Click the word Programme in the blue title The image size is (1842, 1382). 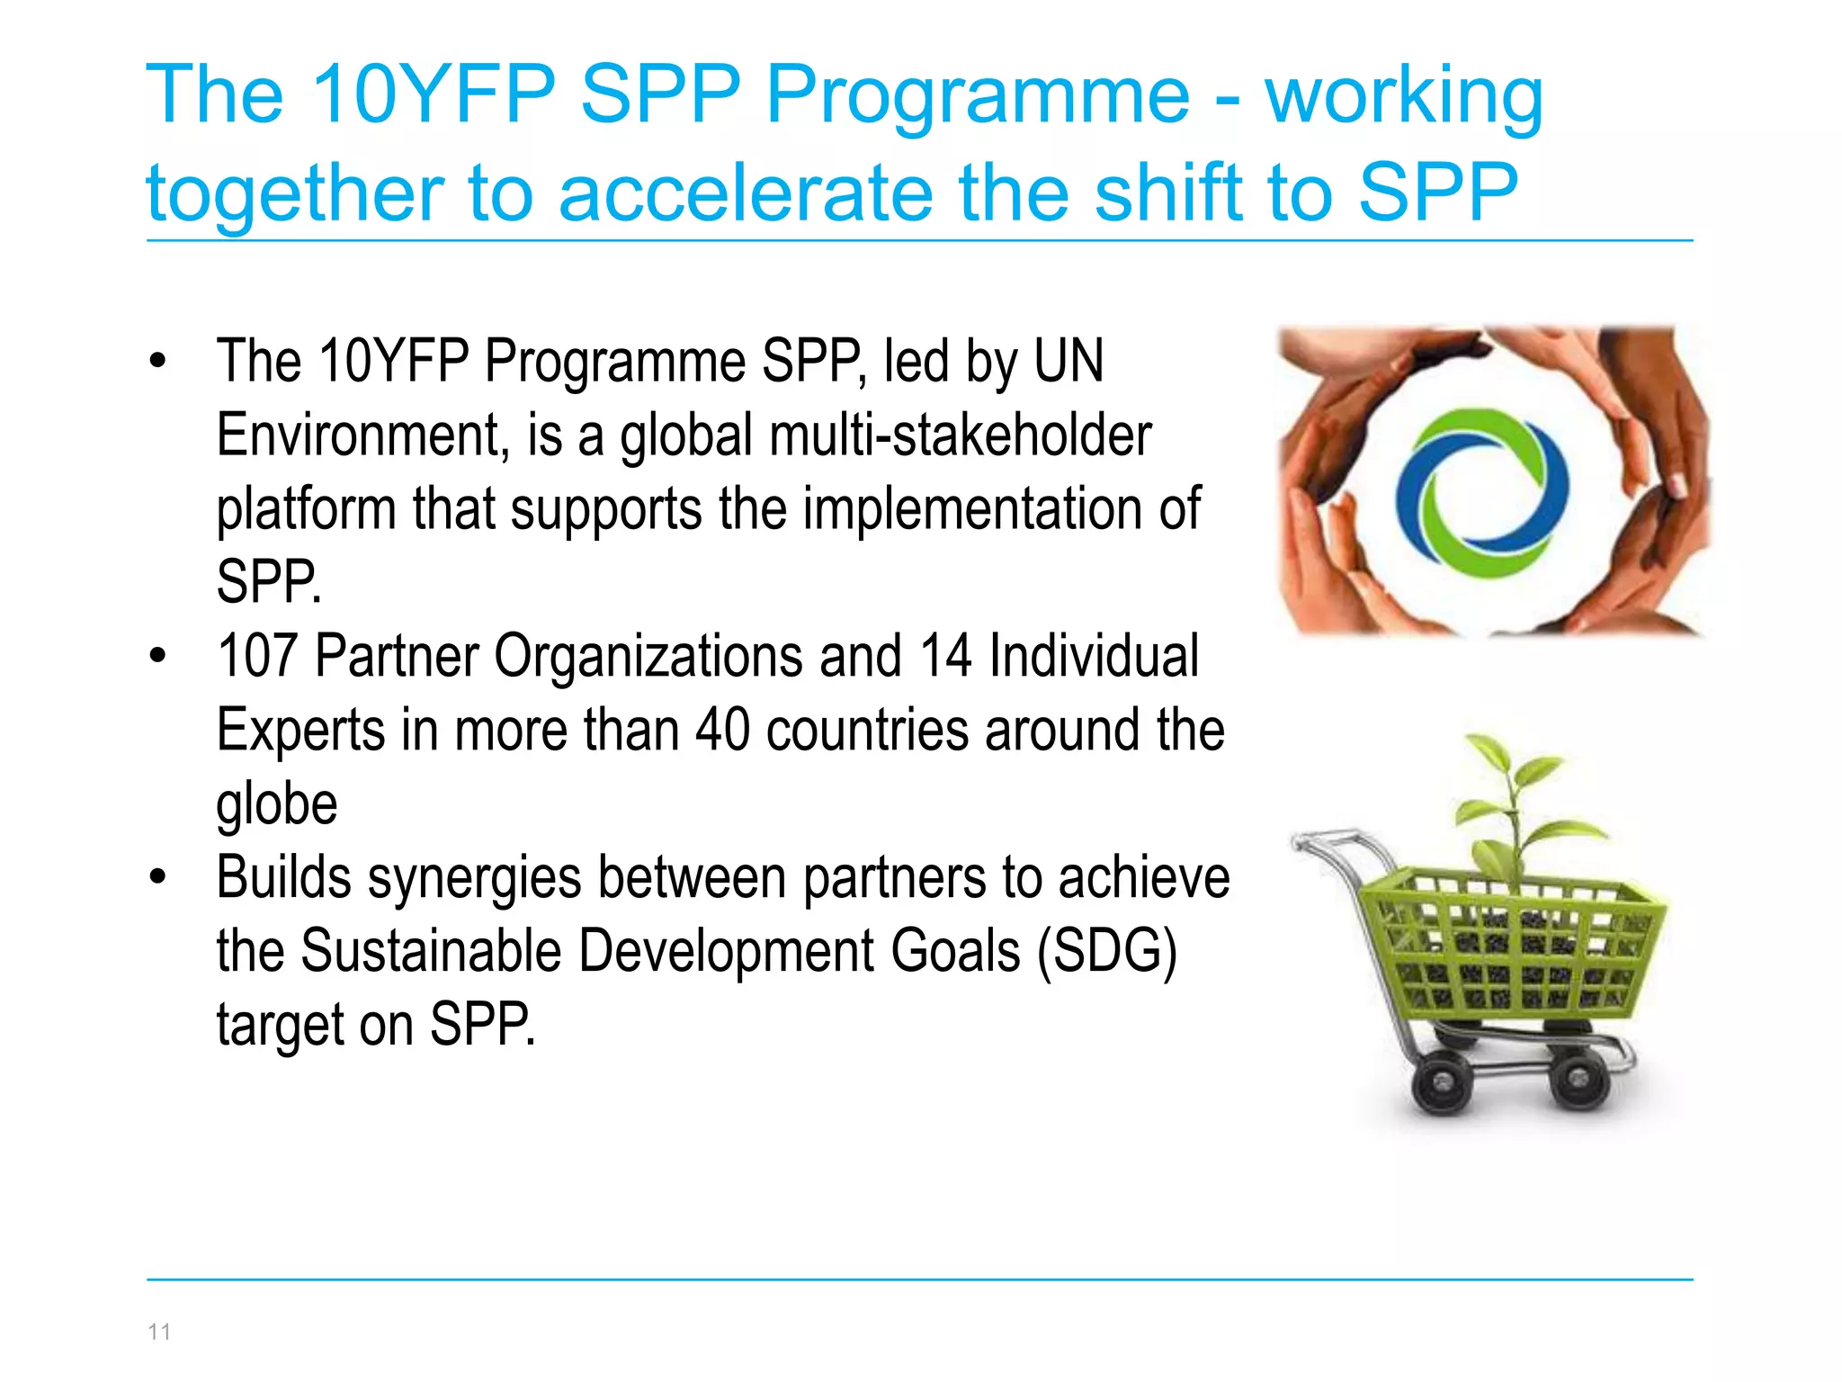click(x=978, y=97)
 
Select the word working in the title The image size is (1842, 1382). click(x=1404, y=97)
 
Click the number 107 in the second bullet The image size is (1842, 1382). click(x=257, y=656)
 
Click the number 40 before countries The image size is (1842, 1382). click(x=723, y=730)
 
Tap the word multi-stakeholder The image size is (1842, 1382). click(x=960, y=435)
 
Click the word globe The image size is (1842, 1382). click(x=277, y=803)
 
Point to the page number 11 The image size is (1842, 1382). click(x=159, y=1332)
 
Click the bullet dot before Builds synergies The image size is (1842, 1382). click(x=158, y=876)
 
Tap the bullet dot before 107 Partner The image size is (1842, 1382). click(x=158, y=655)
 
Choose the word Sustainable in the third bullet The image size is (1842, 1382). click(x=432, y=951)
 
